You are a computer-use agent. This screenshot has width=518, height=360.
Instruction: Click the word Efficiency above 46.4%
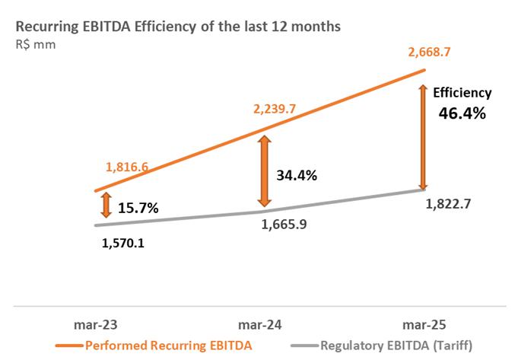462,93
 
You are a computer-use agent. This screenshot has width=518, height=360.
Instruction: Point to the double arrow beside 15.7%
106,205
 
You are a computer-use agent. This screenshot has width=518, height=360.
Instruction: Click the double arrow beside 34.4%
264,171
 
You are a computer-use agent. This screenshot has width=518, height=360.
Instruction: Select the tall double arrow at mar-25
424,137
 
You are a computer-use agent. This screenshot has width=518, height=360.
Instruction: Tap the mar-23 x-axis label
97,324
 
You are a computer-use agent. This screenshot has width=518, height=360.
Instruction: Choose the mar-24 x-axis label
260,324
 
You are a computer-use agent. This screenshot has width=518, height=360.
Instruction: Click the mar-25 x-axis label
423,324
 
